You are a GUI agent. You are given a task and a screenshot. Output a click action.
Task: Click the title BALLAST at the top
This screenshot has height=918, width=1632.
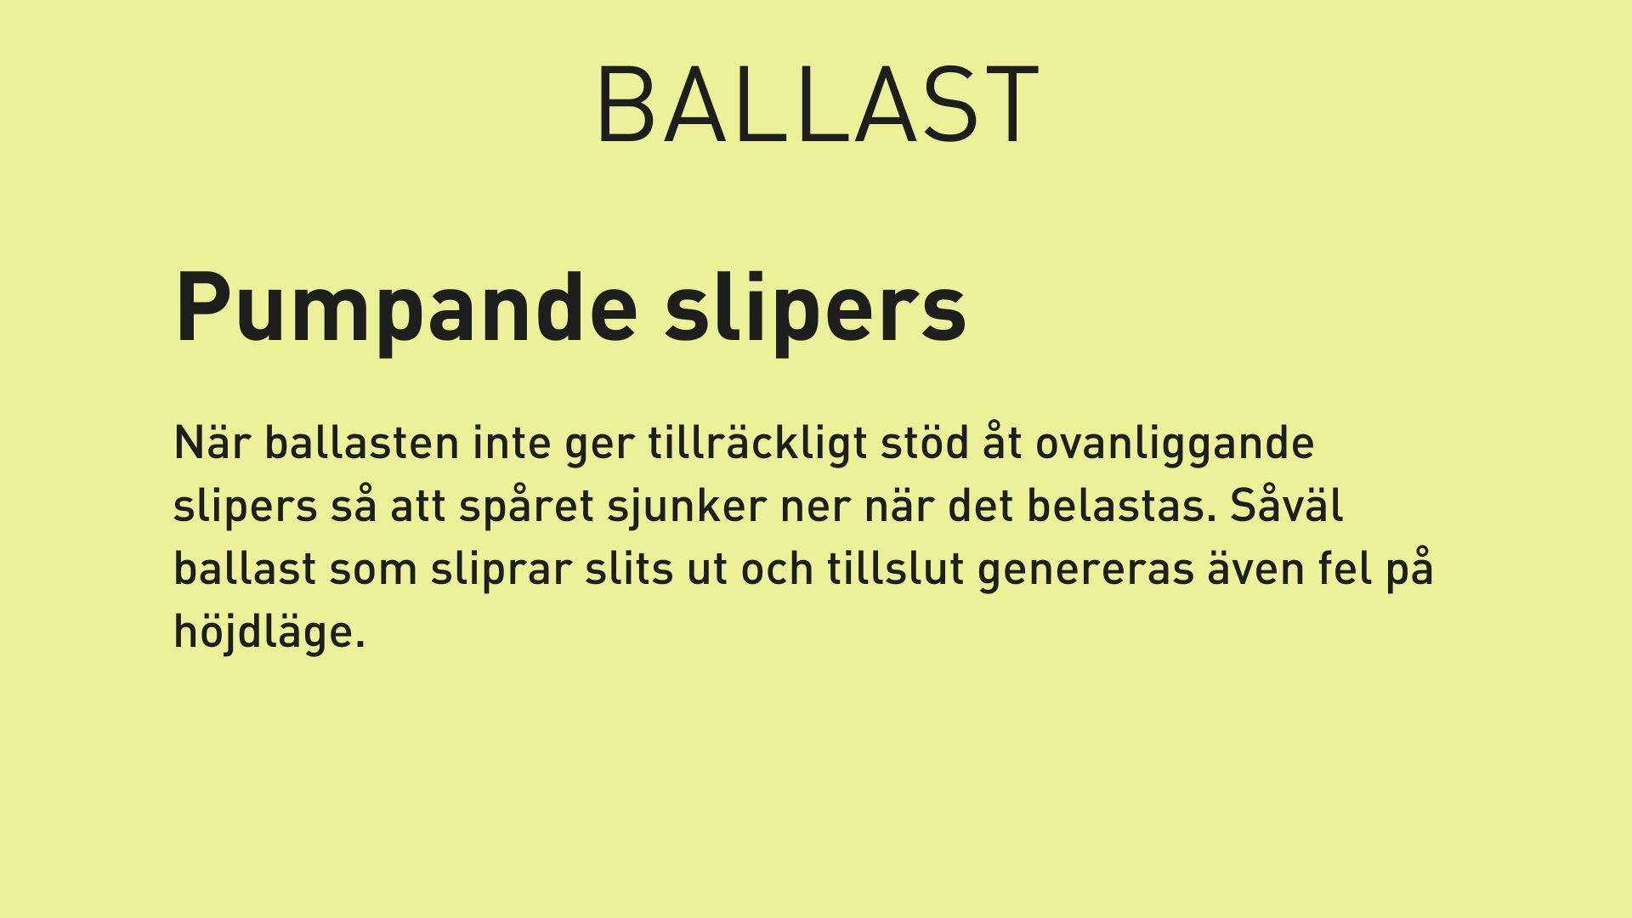click(x=818, y=105)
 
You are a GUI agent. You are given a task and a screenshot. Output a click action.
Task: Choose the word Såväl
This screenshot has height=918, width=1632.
click(x=1286, y=506)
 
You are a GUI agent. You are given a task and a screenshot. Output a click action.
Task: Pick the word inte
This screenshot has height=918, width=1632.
click(x=513, y=443)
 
